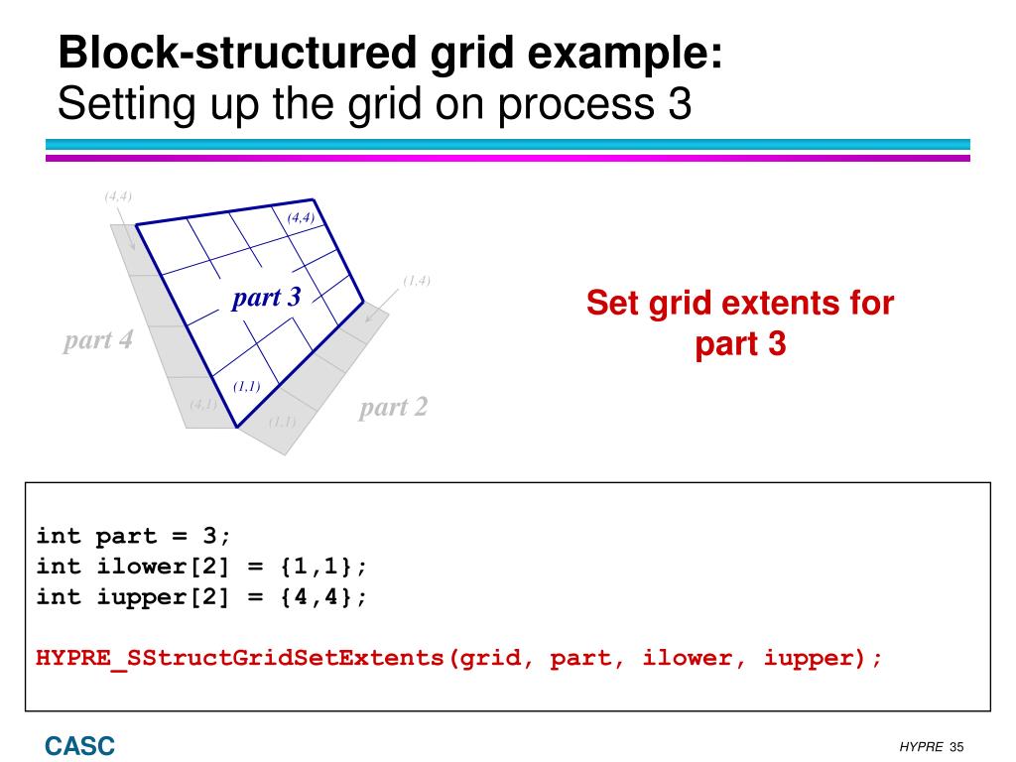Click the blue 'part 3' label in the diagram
266,298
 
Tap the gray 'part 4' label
97,341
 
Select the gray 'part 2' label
393,407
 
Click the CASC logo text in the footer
78,745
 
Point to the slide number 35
956,747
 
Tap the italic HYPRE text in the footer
921,747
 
